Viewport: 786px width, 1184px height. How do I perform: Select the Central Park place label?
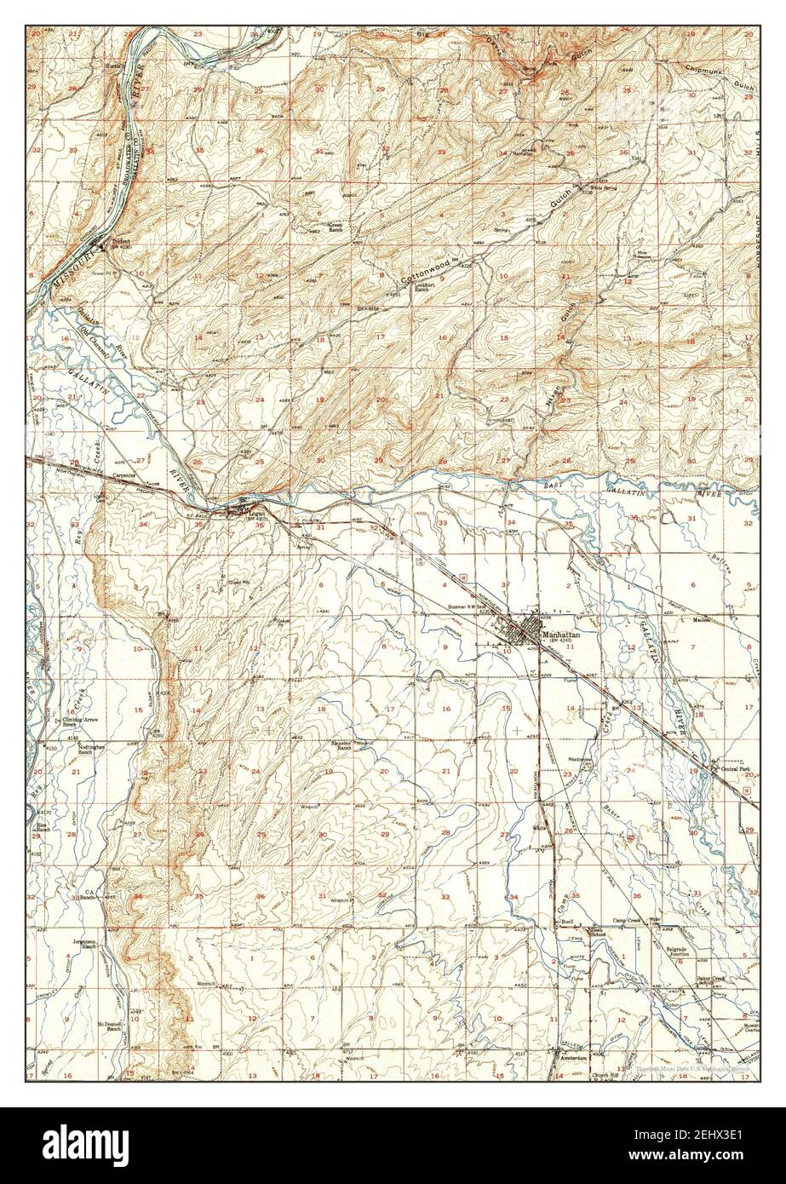(734, 769)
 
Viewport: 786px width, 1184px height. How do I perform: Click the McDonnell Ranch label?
(110, 1026)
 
